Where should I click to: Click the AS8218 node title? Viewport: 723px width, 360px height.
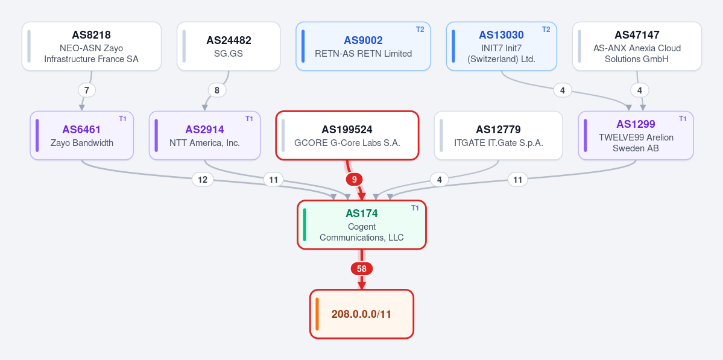(91, 35)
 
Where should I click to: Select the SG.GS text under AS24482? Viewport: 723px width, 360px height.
(229, 54)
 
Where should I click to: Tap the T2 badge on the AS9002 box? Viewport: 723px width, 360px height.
(420, 30)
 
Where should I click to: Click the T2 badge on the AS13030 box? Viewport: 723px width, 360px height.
(546, 30)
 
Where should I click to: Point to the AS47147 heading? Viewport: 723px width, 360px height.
(637, 35)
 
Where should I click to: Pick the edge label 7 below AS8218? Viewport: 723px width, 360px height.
(87, 90)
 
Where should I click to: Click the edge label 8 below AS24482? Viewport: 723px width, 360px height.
(217, 90)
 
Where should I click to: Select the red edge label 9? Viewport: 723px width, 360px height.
(354, 180)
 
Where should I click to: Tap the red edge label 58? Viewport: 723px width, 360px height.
(362, 269)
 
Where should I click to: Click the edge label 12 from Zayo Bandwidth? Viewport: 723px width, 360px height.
(203, 180)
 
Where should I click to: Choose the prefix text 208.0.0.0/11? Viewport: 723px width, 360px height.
(362, 314)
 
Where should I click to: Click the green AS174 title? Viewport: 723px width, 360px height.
(362, 213)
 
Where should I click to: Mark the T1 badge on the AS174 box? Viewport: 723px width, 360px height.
(415, 208)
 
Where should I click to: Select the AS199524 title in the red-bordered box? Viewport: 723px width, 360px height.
(347, 130)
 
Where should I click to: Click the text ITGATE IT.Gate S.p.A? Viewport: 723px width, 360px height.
(499, 143)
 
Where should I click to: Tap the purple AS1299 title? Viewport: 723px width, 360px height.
(636, 124)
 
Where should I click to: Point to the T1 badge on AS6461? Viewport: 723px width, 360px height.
(122, 119)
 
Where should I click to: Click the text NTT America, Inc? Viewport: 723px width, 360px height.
(205, 143)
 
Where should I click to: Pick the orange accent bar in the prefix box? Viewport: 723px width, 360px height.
(317, 314)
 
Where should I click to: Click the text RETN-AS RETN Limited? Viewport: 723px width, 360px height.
(364, 54)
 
